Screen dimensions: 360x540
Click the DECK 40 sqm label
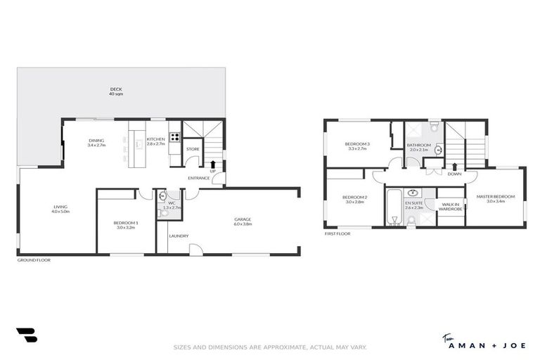click(116, 91)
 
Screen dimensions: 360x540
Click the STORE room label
click(192, 149)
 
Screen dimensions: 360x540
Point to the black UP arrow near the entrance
click(213, 165)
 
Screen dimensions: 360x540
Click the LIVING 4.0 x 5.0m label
click(60, 208)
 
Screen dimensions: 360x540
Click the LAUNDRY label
click(179, 236)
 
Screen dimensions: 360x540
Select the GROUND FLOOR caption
click(34, 260)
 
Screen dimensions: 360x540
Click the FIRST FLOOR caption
click(337, 233)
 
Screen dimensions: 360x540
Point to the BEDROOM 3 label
click(357, 146)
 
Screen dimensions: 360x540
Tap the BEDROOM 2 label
click(355, 199)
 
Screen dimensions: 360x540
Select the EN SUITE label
click(413, 205)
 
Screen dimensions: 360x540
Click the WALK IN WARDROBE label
click(450, 206)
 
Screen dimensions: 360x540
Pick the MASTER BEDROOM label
click(496, 198)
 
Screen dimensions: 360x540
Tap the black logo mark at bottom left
click(26, 335)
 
